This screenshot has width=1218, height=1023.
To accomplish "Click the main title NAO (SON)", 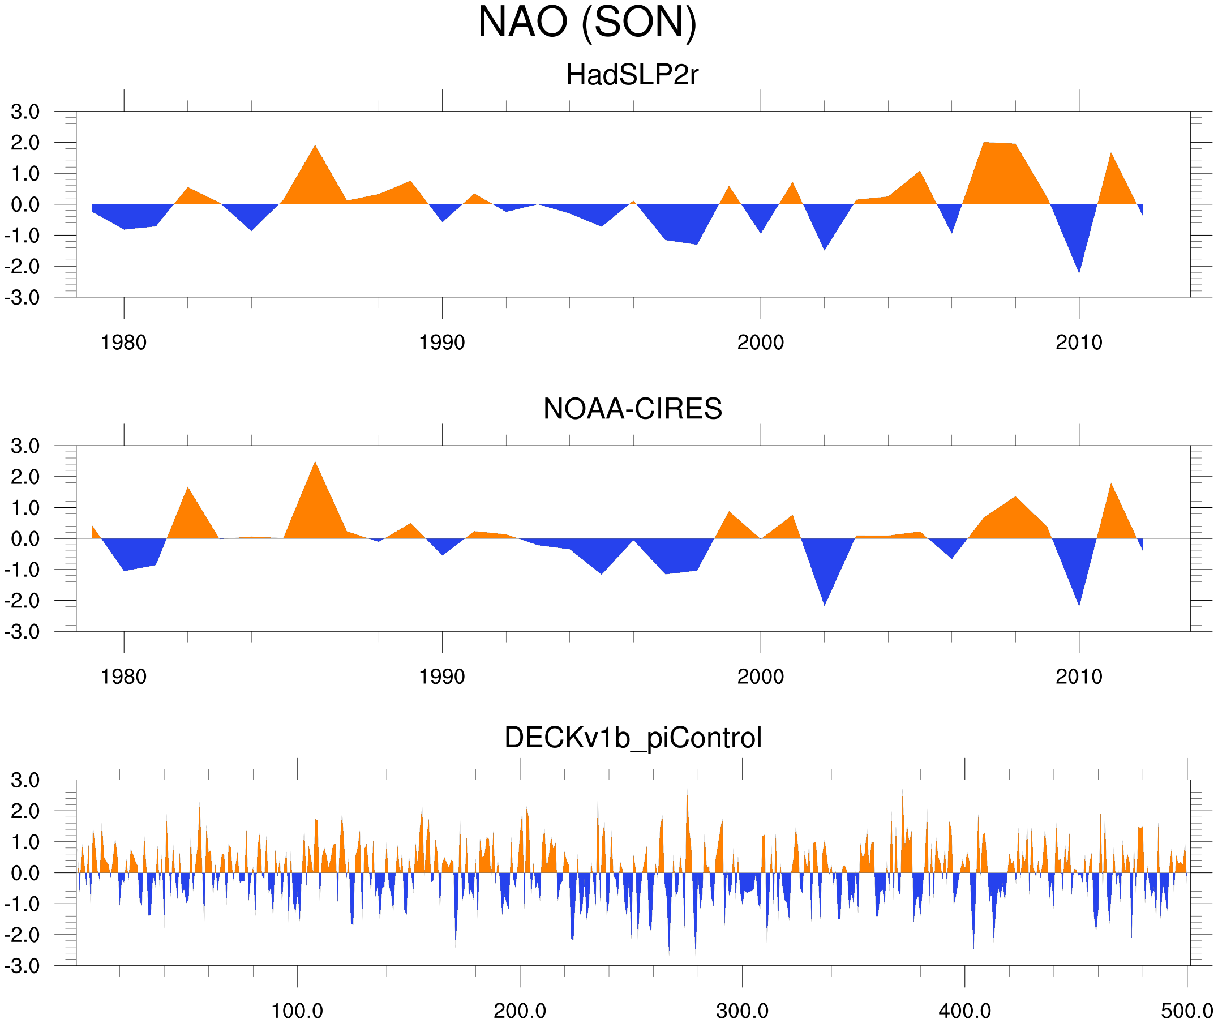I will [x=586, y=23].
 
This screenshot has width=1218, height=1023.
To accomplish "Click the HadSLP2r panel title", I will [x=632, y=75].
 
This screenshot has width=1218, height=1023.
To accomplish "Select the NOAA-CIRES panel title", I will [x=632, y=409].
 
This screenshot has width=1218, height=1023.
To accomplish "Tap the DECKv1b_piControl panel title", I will [x=633, y=738].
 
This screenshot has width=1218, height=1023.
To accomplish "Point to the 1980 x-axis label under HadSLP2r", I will [x=123, y=343].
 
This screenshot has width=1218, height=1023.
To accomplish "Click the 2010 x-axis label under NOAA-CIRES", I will [x=1079, y=677].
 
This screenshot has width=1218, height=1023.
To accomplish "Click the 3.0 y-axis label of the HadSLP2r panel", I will [x=25, y=112].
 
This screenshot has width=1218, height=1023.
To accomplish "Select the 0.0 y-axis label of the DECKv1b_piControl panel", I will [x=25, y=874].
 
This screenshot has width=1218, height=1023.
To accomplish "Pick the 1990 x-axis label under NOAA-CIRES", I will [x=442, y=677].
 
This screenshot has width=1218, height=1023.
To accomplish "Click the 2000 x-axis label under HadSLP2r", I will [x=760, y=343].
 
